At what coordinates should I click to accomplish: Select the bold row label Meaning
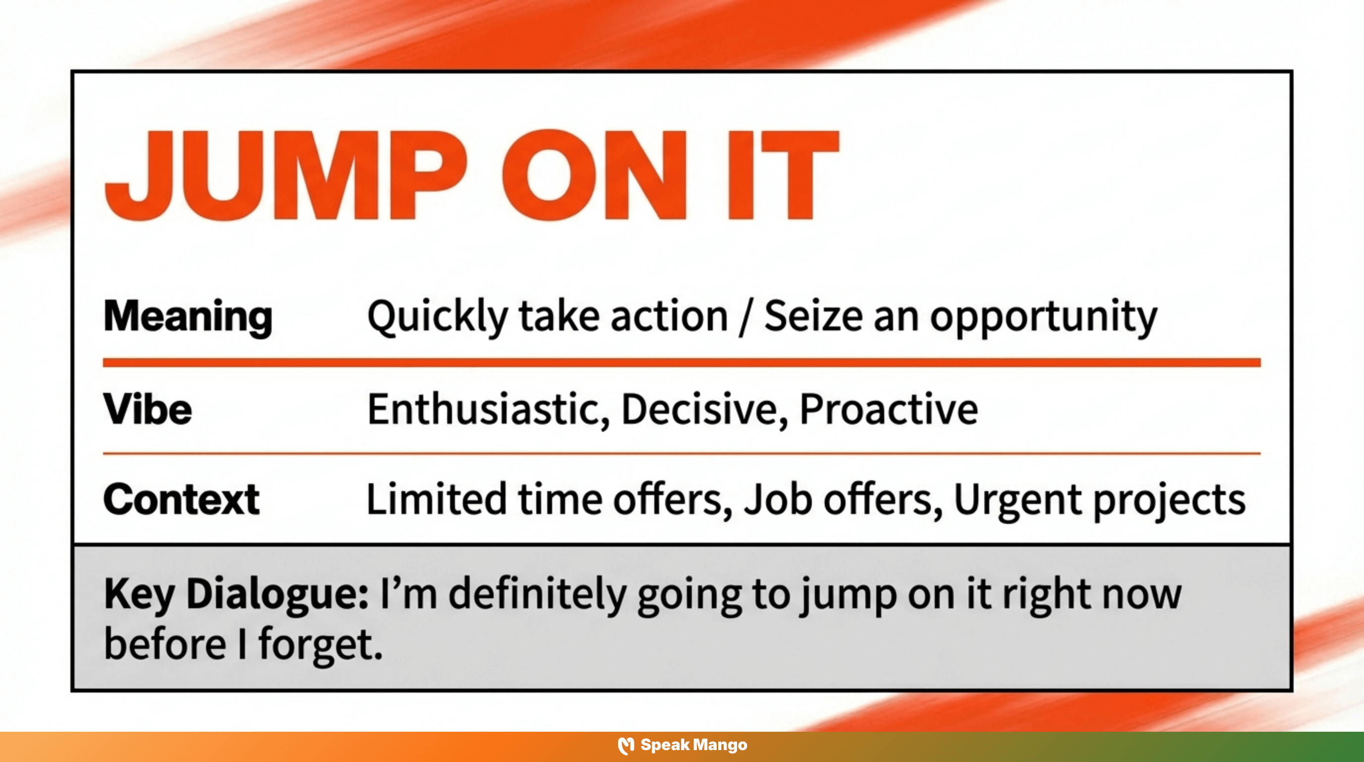pos(188,317)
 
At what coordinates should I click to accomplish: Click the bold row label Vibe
pos(147,409)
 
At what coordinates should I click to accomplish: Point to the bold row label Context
pos(181,499)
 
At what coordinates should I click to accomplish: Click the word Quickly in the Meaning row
pos(437,317)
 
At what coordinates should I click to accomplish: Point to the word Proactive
pos(889,409)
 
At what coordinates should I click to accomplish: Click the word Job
pos(778,499)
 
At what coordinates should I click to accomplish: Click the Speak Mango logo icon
pos(626,746)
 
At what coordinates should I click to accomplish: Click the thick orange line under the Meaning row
pos(682,363)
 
